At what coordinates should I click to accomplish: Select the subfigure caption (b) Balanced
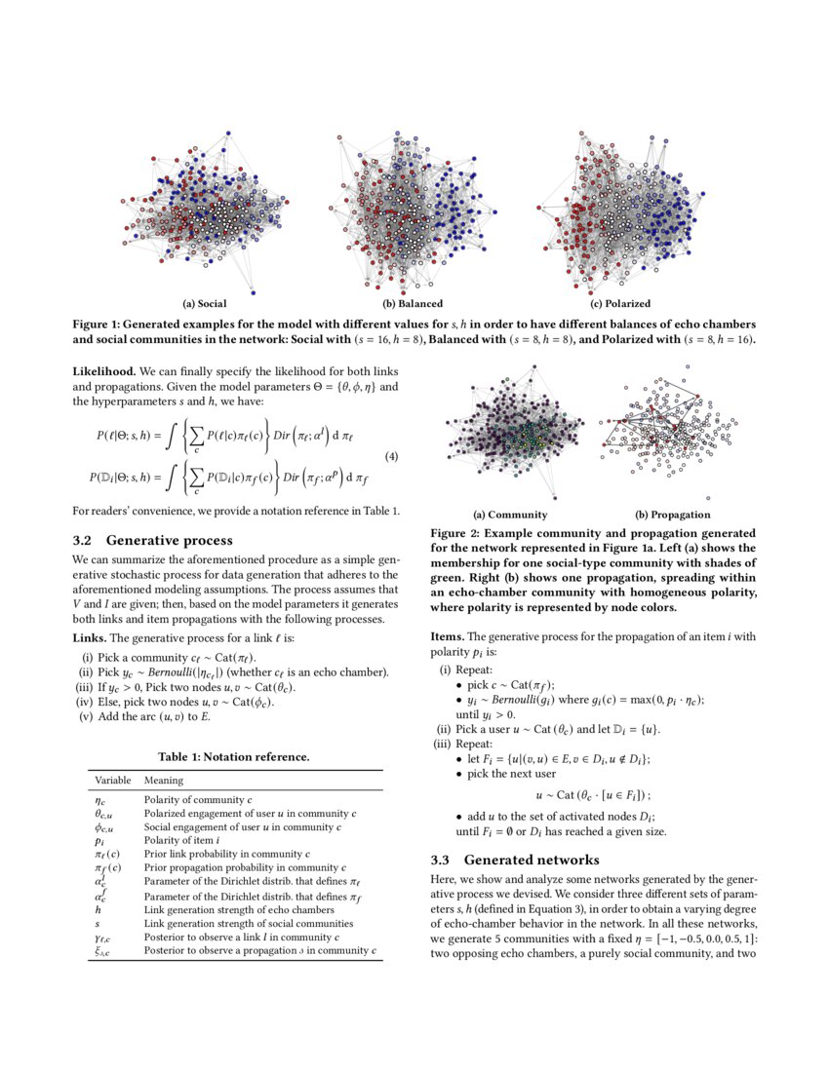[x=413, y=304]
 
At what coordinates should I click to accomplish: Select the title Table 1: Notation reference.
[x=234, y=756]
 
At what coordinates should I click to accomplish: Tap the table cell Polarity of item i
[x=183, y=838]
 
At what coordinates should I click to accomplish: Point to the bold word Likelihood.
[x=104, y=371]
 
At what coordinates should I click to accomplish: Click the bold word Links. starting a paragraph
[x=93, y=638]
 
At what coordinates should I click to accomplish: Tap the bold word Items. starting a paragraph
[x=450, y=635]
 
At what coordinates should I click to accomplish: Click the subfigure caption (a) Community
[x=510, y=515]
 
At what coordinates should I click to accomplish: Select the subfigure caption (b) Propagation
[x=672, y=515]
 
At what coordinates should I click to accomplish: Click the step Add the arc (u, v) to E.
[x=152, y=716]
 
